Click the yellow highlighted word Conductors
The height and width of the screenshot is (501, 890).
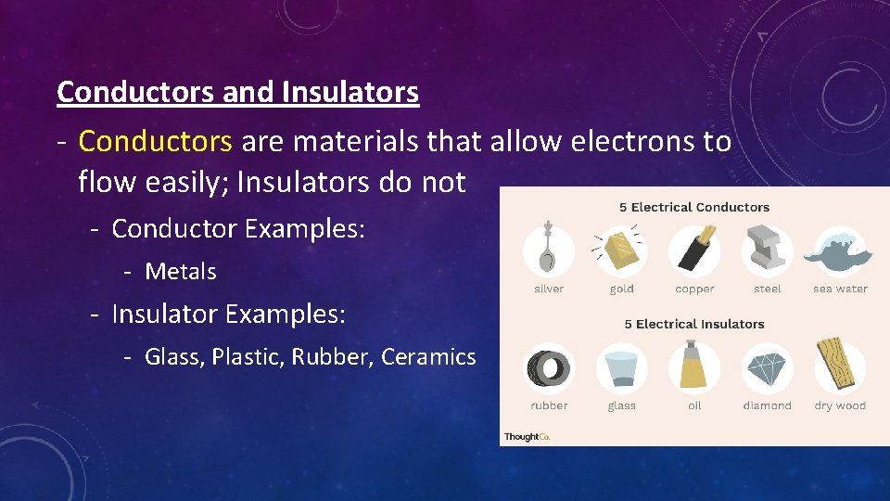[x=155, y=142]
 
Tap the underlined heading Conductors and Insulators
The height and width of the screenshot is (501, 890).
[x=237, y=92]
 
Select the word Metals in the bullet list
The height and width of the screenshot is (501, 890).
[x=181, y=272]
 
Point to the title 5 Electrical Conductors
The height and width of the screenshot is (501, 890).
[x=694, y=207]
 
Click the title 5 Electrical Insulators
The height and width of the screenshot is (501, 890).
[x=694, y=324]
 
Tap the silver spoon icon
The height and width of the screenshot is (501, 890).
[x=549, y=250]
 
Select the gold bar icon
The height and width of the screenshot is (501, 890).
[x=621, y=250]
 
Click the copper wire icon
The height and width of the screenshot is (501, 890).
[x=694, y=250]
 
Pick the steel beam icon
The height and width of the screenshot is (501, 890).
[x=767, y=250]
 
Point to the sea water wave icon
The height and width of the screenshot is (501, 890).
[x=840, y=250]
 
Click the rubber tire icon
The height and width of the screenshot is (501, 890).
[x=549, y=368]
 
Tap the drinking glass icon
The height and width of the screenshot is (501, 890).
[x=621, y=368]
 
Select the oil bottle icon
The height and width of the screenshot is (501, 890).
[x=694, y=366]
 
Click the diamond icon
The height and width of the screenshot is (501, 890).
[x=767, y=368]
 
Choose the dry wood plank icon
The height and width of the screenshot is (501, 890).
[x=840, y=366]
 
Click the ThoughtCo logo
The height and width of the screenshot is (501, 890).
[x=527, y=436]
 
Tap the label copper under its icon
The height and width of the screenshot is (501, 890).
[x=694, y=289]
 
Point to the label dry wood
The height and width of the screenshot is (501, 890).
[x=840, y=405]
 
